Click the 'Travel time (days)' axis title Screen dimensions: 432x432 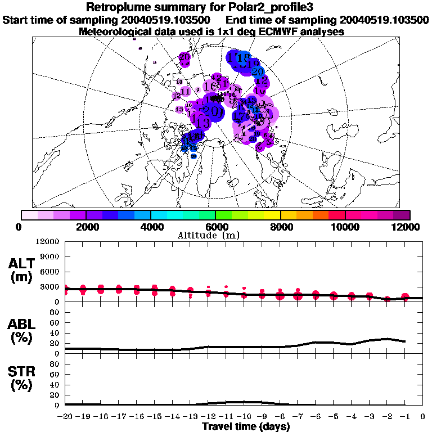coord(246,426)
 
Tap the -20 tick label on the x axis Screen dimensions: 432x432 coord(66,417)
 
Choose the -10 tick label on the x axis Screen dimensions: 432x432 coord(244,417)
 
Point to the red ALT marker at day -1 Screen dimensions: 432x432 coord(405,297)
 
